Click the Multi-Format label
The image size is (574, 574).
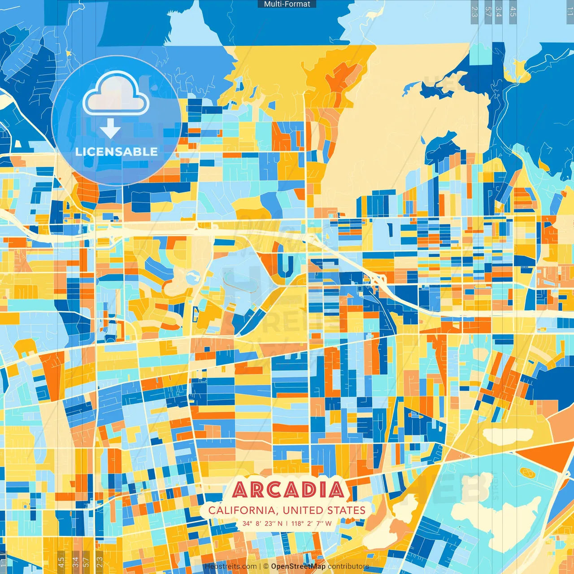(x=287, y=4)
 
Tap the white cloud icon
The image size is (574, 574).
(x=116, y=93)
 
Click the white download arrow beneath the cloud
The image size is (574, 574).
(x=110, y=129)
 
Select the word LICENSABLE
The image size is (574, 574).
(x=117, y=152)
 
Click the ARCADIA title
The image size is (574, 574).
(x=288, y=490)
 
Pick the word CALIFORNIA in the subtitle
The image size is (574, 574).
(x=242, y=510)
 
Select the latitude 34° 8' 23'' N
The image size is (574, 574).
(x=262, y=523)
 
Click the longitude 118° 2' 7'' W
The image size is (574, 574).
(x=312, y=523)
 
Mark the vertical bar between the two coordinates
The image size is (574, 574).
(x=287, y=523)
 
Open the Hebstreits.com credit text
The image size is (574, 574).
(x=230, y=566)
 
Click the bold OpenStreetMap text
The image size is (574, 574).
(x=298, y=566)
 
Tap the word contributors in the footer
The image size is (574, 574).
(x=348, y=566)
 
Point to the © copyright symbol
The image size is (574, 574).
(x=265, y=566)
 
